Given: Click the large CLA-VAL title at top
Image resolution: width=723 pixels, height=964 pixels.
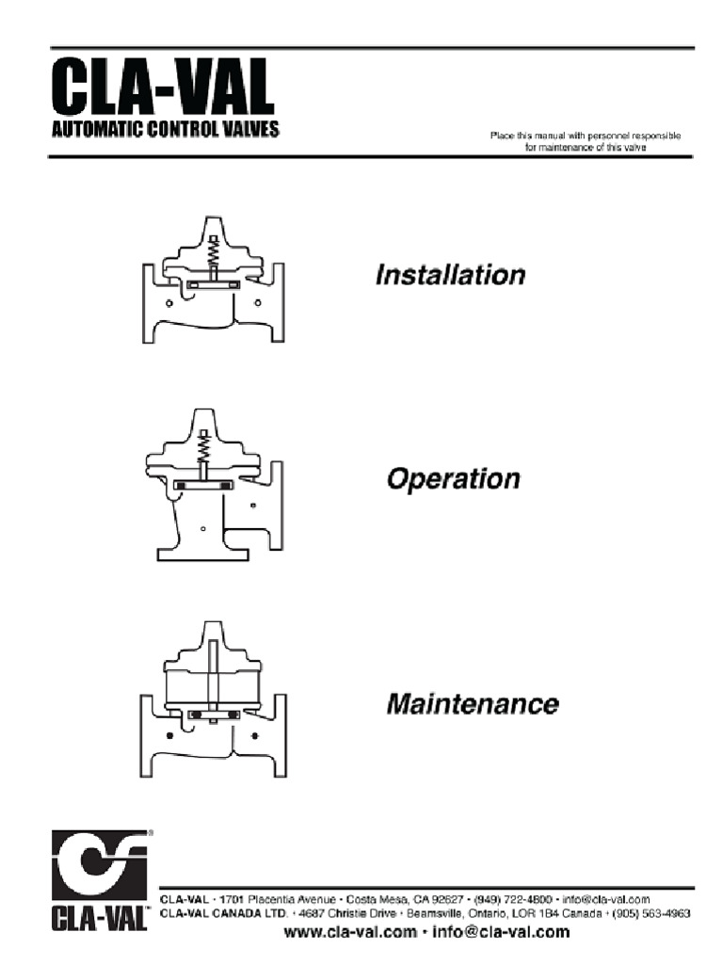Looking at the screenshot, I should click(162, 88).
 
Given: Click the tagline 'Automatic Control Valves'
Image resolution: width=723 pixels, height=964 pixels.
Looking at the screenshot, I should click(165, 131).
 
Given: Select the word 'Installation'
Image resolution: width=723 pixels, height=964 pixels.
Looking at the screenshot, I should click(450, 276).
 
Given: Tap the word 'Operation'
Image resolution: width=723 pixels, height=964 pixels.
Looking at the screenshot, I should click(453, 479).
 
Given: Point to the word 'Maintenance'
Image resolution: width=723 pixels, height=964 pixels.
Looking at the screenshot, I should click(473, 704).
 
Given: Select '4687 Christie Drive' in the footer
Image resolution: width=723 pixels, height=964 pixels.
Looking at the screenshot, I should click(351, 912).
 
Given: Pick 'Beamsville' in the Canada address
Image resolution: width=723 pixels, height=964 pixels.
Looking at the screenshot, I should click(440, 912).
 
